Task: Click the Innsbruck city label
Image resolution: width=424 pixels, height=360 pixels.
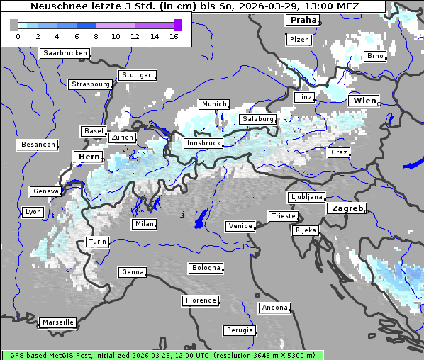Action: click(x=203, y=143)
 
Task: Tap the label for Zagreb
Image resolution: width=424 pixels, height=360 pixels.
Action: click(x=346, y=209)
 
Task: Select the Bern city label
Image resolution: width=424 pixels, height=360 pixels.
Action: click(x=89, y=157)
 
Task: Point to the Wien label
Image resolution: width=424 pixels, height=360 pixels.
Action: click(x=364, y=101)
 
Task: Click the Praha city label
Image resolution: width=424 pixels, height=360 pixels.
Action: click(x=302, y=21)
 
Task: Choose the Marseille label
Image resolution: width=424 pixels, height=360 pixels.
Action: click(x=57, y=322)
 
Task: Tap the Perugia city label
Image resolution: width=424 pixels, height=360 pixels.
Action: click(x=239, y=330)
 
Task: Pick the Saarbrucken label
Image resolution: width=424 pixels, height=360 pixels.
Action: click(x=65, y=53)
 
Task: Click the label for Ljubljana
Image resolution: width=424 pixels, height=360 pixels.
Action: click(x=306, y=197)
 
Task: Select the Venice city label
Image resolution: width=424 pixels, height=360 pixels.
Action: click(x=240, y=226)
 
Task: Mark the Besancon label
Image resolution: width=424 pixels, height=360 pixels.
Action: click(x=38, y=145)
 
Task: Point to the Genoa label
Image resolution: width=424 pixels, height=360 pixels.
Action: click(x=133, y=272)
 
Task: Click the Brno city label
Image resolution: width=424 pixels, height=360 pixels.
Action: click(x=374, y=56)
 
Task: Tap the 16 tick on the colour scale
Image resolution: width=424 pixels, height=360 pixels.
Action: click(x=174, y=37)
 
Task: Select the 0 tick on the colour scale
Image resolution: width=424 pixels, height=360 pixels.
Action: click(x=18, y=37)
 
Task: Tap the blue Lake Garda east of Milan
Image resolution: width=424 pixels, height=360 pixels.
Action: click(x=201, y=219)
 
